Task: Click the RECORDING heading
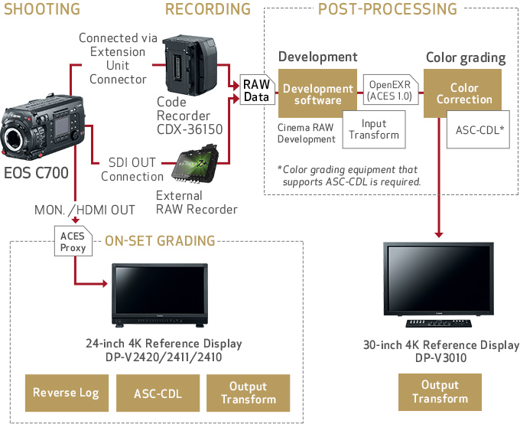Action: [x=207, y=9]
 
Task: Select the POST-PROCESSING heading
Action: [x=387, y=9]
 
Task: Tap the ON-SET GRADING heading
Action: [x=160, y=241]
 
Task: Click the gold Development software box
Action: [x=318, y=95]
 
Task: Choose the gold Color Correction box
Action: [x=464, y=94]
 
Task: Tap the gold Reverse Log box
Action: [x=66, y=393]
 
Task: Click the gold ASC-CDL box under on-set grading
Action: [x=158, y=393]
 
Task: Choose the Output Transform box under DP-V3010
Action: [x=440, y=393]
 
